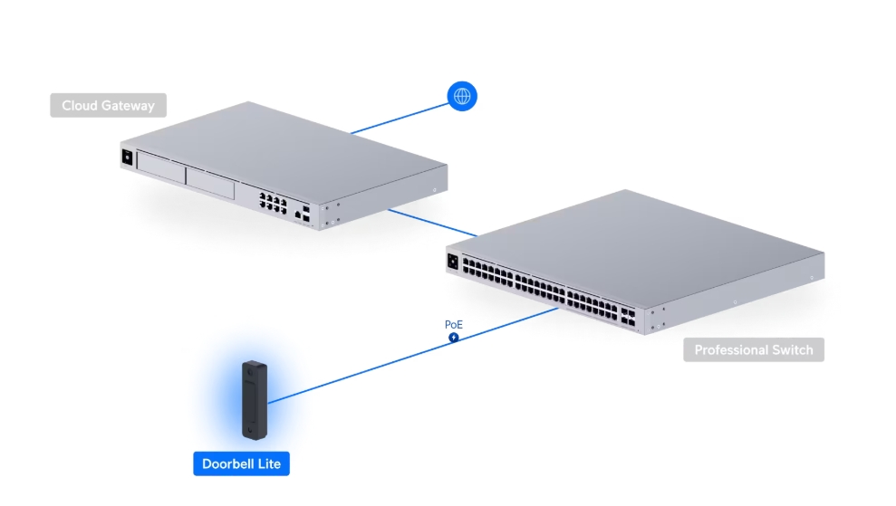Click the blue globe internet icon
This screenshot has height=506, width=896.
click(x=462, y=95)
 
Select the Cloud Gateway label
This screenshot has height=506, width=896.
click(x=108, y=106)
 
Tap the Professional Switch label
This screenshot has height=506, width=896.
click(x=753, y=349)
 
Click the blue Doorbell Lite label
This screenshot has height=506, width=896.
click(x=241, y=464)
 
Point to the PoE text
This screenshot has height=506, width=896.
click(x=454, y=324)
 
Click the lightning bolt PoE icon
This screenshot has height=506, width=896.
click(x=454, y=338)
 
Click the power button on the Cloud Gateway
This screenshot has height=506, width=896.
click(x=128, y=158)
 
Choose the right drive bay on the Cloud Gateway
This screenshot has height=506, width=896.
click(x=211, y=183)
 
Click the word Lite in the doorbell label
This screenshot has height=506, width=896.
click(x=269, y=464)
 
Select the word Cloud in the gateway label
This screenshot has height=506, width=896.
click(x=79, y=106)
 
